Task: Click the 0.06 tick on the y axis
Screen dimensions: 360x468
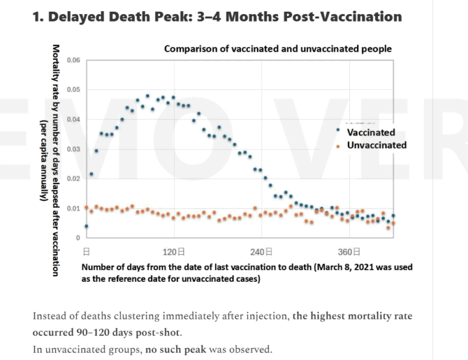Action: click(x=73, y=60)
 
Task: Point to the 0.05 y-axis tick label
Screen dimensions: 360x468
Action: click(x=73, y=90)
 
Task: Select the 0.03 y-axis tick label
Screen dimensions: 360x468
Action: click(x=73, y=150)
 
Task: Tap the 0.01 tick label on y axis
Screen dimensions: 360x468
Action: click(x=73, y=209)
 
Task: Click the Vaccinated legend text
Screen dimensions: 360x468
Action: click(x=371, y=132)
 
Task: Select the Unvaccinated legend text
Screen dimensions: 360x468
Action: click(x=376, y=145)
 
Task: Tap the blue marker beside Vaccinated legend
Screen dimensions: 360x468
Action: click(x=337, y=130)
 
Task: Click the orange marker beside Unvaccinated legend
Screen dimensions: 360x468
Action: click(x=337, y=146)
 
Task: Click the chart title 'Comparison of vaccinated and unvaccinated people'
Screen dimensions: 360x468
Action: click(x=278, y=49)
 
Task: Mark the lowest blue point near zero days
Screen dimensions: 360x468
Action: click(x=86, y=226)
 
